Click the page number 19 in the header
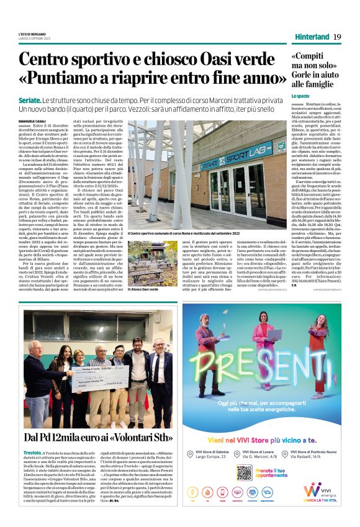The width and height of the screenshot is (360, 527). (x=337, y=37)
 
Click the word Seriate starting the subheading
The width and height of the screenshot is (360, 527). (x=30, y=100)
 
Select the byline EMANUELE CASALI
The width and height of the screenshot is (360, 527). (x=32, y=120)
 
